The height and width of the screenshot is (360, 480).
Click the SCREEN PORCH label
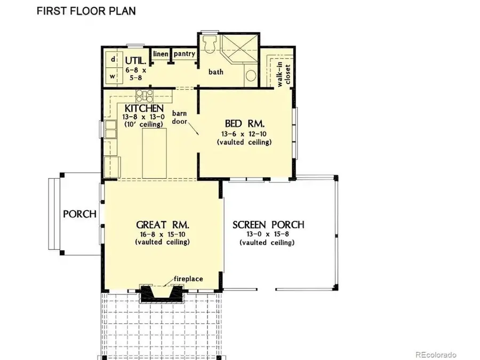coord(268,225)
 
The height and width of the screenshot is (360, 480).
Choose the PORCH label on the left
coord(80,214)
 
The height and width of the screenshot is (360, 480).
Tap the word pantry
coord(184,54)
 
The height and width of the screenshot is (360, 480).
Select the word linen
coord(161,54)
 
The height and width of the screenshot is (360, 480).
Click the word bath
coord(216,71)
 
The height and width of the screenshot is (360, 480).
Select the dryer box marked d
coord(113,60)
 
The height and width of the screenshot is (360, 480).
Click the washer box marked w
coord(113,76)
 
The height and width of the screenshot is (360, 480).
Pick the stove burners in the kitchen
coord(145,95)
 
